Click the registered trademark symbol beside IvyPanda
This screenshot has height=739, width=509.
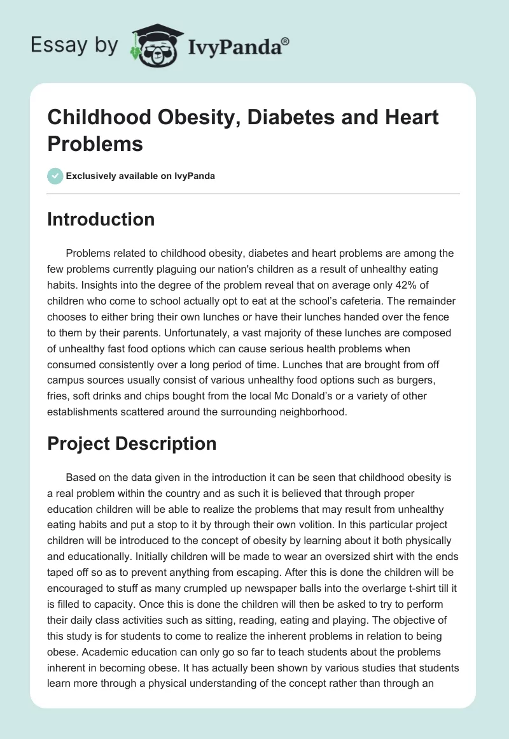click(x=286, y=41)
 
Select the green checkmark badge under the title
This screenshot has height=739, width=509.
click(x=55, y=176)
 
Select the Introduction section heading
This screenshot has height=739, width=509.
click(x=101, y=219)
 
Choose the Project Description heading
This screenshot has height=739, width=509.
click(x=132, y=443)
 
